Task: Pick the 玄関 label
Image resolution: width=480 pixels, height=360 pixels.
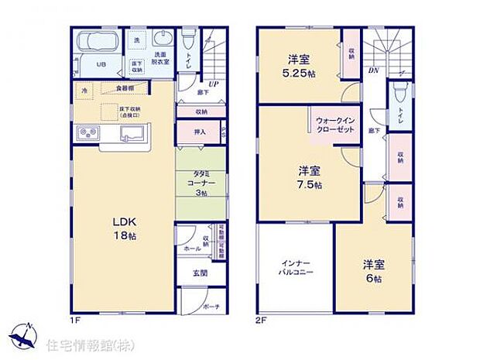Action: pyautogui.click(x=200, y=273)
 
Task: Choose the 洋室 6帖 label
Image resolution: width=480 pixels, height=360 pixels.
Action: pyautogui.click(x=374, y=271)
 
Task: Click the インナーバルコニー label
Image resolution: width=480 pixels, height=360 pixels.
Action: pyautogui.click(x=294, y=269)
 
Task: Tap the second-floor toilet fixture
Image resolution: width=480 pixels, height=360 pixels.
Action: pyautogui.click(x=399, y=94)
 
